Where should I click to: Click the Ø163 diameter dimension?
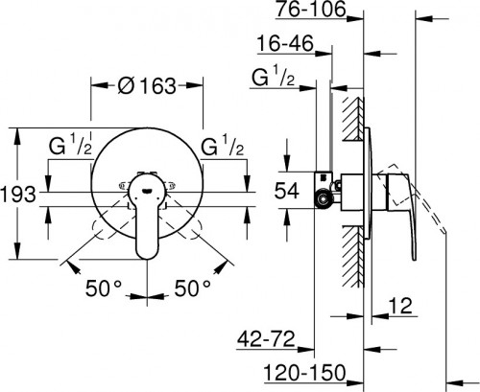[x=148, y=86]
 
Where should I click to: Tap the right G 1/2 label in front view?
[x=223, y=149]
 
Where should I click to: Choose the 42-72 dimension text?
[x=265, y=340]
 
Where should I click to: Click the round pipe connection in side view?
[x=325, y=198]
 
